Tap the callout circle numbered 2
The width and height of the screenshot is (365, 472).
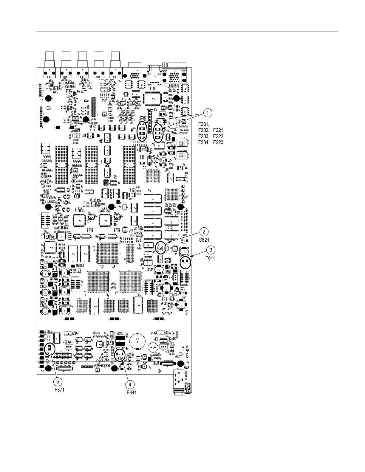coord(204,232)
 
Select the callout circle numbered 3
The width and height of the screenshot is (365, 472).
coord(211,249)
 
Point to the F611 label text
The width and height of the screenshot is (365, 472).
coord(210,258)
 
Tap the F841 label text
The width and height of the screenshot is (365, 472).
coord(131,392)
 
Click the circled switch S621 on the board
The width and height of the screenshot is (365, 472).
coord(160,248)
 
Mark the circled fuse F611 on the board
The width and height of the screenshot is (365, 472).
coord(185,262)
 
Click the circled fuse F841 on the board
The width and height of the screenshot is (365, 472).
coord(120,354)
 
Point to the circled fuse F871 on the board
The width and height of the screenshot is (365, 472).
coord(50,349)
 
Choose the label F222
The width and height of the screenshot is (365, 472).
coord(219,136)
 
